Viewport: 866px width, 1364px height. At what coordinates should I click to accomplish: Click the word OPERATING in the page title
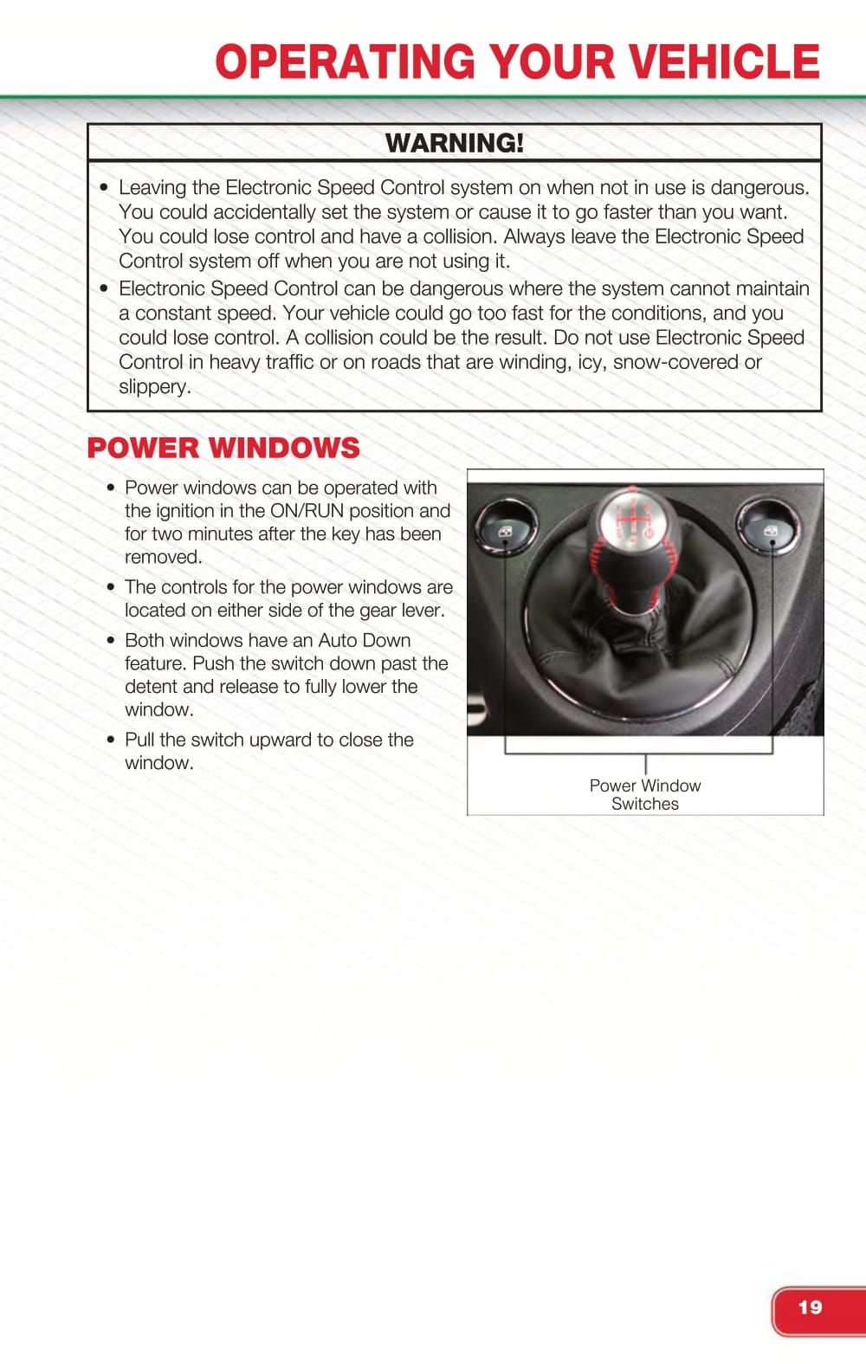tap(346, 62)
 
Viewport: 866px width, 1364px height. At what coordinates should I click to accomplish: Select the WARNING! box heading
tap(454, 143)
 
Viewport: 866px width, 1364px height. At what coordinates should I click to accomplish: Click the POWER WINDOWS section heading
tap(223, 448)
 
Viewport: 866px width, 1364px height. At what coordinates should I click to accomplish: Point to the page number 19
tap(811, 1308)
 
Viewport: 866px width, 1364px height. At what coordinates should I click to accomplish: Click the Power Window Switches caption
tap(645, 794)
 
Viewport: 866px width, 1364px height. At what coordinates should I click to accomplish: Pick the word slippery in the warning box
tap(153, 386)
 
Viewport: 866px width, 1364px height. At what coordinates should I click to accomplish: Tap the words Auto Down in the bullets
tap(364, 640)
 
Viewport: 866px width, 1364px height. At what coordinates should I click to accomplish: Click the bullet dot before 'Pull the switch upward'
tap(111, 740)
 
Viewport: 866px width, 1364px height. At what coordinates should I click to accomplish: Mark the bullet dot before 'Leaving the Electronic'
tap(105, 187)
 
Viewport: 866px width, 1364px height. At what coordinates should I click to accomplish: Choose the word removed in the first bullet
tap(162, 557)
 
